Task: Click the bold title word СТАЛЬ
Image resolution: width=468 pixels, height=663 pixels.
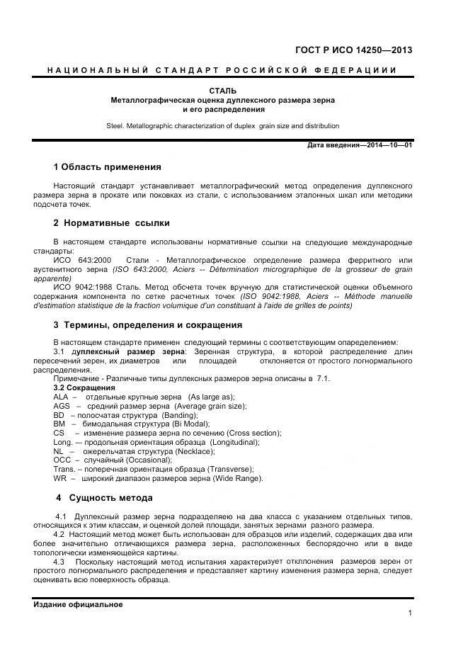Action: (x=223, y=91)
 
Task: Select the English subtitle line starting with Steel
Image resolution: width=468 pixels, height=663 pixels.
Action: (x=222, y=126)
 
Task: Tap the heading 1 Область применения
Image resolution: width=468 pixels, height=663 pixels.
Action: (x=107, y=168)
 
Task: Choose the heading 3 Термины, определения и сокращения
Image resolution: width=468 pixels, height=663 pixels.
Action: (x=148, y=325)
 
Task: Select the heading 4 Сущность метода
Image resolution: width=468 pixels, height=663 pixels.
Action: (x=104, y=497)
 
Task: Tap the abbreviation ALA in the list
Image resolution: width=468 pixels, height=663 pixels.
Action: (x=62, y=397)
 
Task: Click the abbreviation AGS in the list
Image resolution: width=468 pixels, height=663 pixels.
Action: (x=62, y=406)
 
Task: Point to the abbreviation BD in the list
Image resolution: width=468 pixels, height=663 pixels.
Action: (x=59, y=415)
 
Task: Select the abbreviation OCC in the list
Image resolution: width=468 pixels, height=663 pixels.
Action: (x=62, y=460)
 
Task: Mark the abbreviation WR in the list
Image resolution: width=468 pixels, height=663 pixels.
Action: (x=60, y=479)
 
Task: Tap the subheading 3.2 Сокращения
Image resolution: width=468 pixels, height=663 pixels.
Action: (x=84, y=387)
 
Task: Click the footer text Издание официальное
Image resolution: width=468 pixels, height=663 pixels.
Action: (x=79, y=604)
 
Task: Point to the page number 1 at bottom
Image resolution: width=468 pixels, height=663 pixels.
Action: (x=410, y=614)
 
